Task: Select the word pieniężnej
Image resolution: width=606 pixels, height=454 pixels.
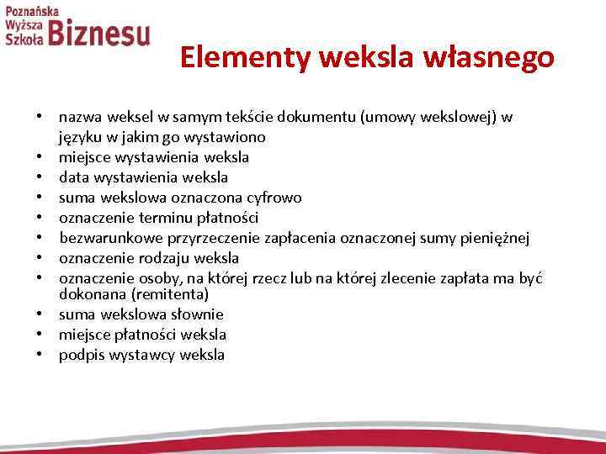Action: pyautogui.click(x=497, y=238)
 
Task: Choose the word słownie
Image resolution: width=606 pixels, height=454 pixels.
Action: pyautogui.click(x=195, y=314)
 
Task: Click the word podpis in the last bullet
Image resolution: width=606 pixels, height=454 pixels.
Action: pyautogui.click(x=78, y=355)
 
